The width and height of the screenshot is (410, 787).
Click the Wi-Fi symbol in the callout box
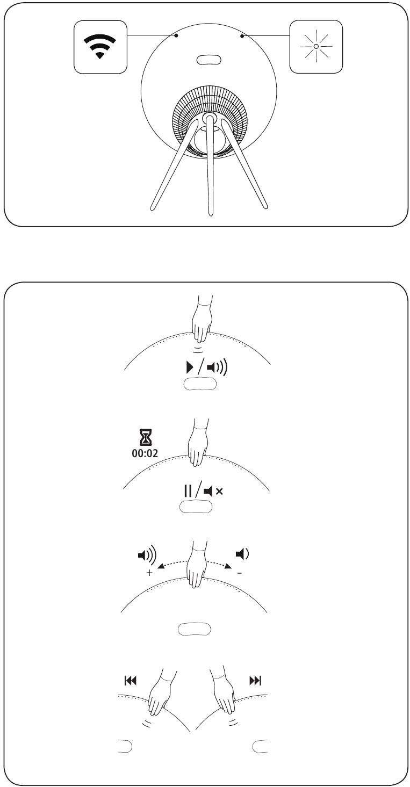[x=100, y=46]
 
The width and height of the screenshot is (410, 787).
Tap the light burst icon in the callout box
[x=316, y=46]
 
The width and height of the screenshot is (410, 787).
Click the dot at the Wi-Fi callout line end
[x=176, y=35]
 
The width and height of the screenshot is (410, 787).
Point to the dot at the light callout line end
[x=242, y=36]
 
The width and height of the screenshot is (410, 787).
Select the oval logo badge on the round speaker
[x=208, y=60]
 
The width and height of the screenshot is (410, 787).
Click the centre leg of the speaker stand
[x=210, y=165]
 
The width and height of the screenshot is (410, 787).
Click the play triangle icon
[x=189, y=367]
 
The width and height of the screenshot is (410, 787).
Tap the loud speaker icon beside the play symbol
[x=217, y=367]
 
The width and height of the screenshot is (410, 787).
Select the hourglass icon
[x=145, y=437]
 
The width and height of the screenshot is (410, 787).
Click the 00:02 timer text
[x=145, y=453]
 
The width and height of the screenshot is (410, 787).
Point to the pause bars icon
[x=188, y=491]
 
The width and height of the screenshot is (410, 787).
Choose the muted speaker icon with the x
[x=213, y=491]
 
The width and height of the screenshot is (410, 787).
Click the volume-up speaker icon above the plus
[x=147, y=555]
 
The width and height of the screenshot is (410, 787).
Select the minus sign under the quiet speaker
[x=240, y=573]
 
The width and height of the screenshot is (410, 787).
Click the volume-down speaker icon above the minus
[x=242, y=554]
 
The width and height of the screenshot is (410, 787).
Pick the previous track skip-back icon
[x=131, y=681]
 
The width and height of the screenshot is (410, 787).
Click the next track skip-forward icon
[x=255, y=681]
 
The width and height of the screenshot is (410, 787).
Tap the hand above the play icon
[x=202, y=319]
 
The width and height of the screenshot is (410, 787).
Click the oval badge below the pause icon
[x=196, y=507]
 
